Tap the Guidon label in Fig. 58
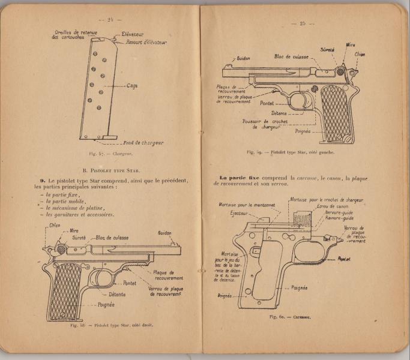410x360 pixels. click(165, 233)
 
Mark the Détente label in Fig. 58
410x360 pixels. click(121, 295)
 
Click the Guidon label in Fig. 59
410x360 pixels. click(243, 58)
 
